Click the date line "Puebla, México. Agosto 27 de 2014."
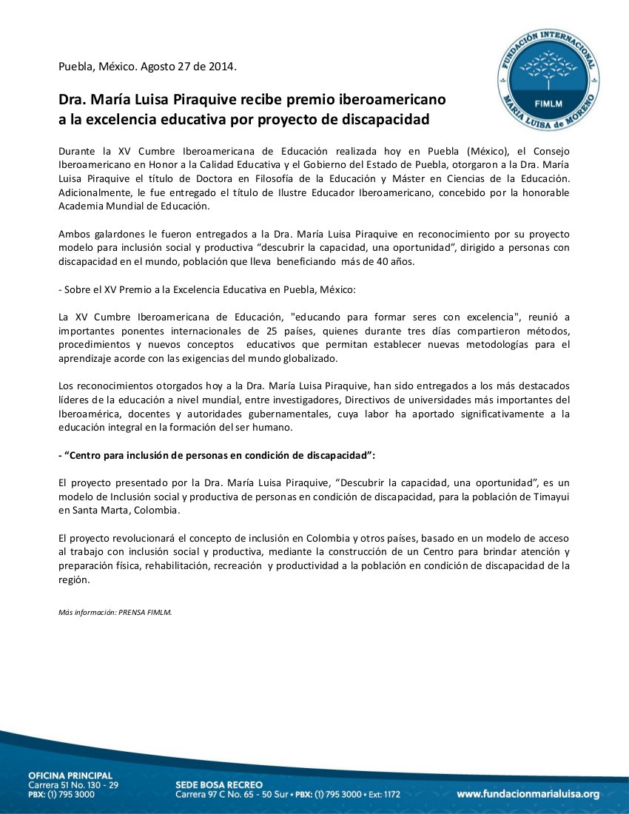coord(148,67)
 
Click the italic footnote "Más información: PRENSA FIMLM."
coord(115,612)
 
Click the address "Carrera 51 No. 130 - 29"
coord(73,784)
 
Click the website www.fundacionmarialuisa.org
coord(528,794)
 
